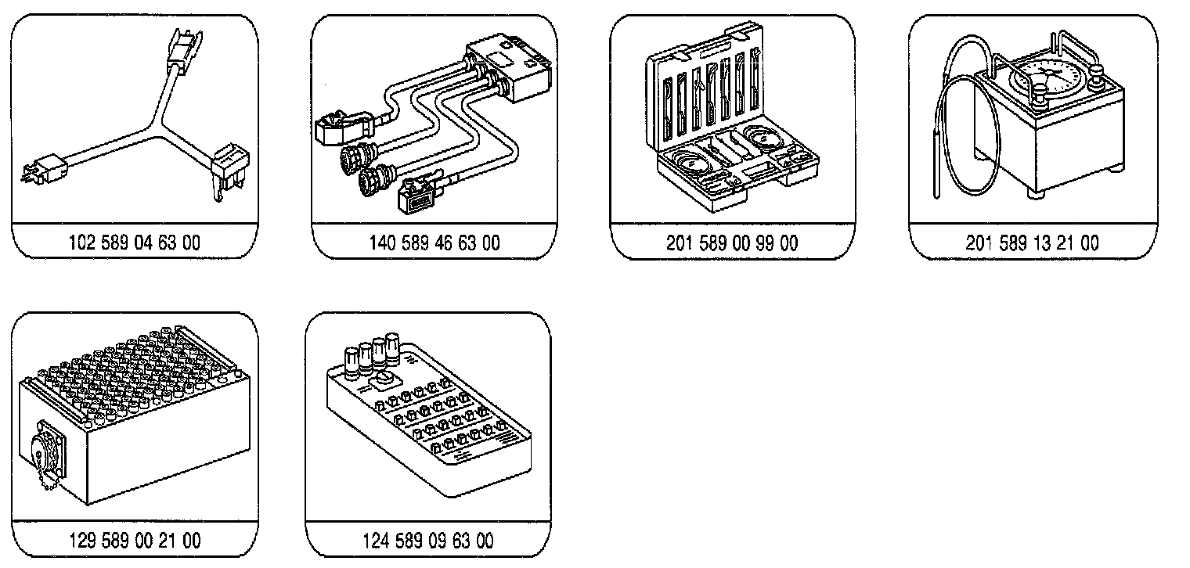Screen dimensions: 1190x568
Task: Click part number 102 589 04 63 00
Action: click(135, 243)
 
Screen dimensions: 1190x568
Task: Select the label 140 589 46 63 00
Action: click(434, 243)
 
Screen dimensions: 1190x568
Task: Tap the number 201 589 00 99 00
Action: click(732, 243)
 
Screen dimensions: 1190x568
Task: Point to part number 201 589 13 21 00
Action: click(1032, 243)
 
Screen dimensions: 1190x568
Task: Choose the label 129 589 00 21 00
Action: click(135, 540)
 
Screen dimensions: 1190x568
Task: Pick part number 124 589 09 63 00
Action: click(428, 540)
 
